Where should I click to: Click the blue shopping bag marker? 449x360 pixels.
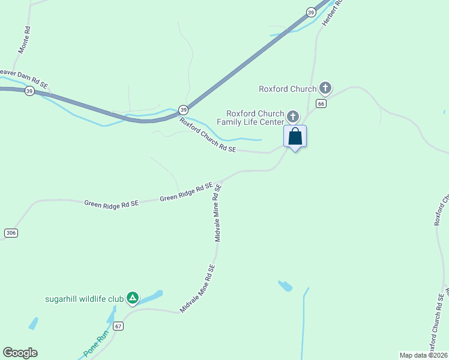click(295, 136)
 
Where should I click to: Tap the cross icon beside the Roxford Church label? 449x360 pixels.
click(325, 89)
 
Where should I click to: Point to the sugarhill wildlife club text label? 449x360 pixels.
click(84, 298)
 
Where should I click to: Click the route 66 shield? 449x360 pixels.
click(321, 104)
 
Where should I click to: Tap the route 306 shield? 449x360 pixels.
click(10, 232)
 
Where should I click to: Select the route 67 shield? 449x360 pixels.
click(118, 326)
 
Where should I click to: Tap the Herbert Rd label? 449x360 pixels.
click(331, 12)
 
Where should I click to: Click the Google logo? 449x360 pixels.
click(20, 353)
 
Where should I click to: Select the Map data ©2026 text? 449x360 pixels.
click(423, 355)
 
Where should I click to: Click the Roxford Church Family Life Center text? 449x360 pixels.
click(255, 118)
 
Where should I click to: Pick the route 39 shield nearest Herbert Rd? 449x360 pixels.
click(310, 12)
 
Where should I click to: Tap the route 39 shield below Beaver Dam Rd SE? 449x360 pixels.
click(29, 91)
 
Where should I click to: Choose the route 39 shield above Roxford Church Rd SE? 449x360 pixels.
click(183, 110)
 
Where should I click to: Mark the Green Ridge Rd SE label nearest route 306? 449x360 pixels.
click(112, 204)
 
